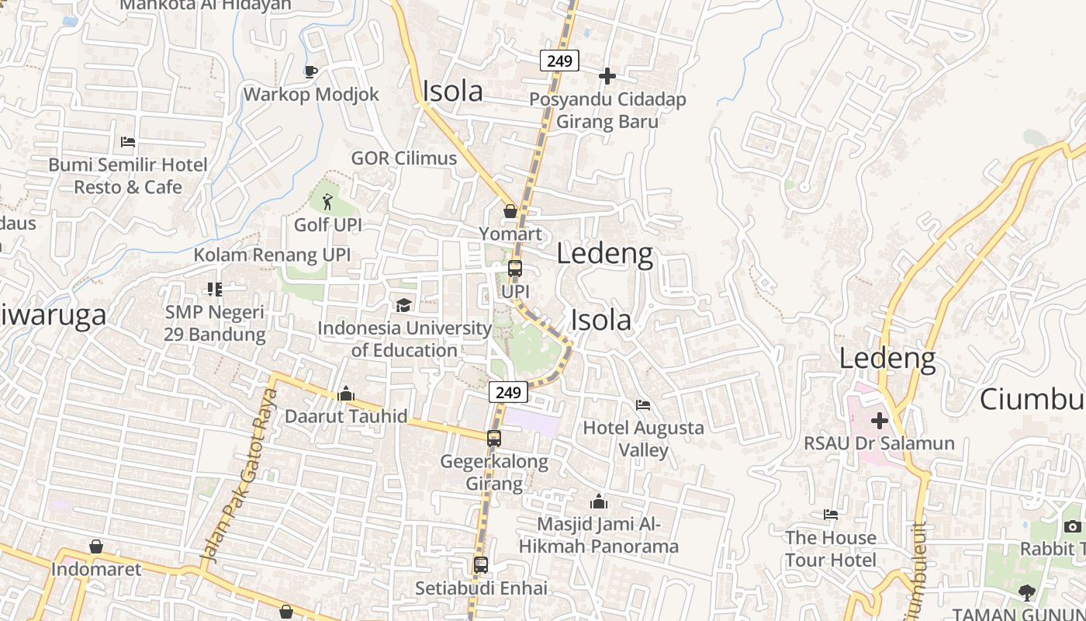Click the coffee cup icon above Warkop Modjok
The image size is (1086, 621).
[310, 72]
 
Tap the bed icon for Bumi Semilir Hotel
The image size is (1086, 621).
[128, 142]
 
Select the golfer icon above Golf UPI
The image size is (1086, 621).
[327, 203]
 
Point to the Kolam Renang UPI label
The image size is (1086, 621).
[271, 255]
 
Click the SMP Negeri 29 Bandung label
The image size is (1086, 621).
[214, 324]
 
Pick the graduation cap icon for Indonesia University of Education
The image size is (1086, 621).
[403, 305]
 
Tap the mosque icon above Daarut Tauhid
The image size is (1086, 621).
[346, 394]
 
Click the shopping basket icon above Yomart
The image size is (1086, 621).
[510, 211]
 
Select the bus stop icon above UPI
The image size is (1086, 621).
[515, 269]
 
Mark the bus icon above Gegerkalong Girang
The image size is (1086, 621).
[494, 439]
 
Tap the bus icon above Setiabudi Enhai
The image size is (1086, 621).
[481, 565]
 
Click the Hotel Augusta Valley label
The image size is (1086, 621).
[643, 439]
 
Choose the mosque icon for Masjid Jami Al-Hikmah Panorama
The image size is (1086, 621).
[598, 501]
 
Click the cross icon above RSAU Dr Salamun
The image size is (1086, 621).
[879, 421]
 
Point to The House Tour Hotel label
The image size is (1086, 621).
[830, 549]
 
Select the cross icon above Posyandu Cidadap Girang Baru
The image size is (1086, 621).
[607, 76]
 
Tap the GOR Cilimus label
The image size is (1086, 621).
[404, 158]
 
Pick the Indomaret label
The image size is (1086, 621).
[96, 569]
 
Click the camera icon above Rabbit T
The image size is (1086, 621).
[1073, 527]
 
